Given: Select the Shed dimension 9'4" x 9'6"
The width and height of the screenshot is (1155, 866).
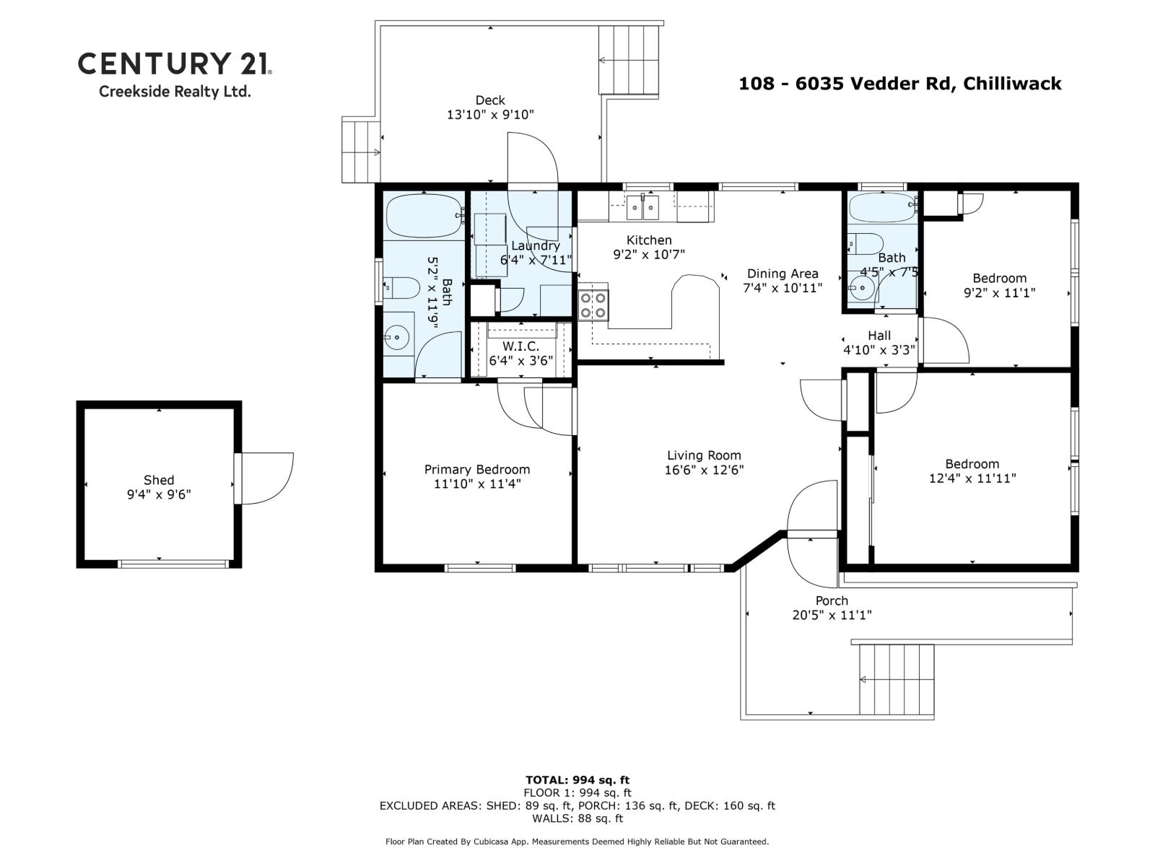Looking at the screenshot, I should (x=158, y=494).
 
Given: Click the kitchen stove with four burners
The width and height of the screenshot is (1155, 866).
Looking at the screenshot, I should (x=593, y=305).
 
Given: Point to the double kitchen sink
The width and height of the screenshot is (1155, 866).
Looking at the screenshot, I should (x=642, y=208).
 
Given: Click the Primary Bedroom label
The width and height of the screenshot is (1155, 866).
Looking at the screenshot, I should (x=476, y=469).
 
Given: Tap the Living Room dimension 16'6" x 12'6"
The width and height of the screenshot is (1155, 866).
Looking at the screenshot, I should (x=704, y=470).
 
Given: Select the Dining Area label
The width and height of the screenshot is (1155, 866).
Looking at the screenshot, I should (x=783, y=274).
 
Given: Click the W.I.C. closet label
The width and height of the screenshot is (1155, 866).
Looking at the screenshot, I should (x=520, y=346).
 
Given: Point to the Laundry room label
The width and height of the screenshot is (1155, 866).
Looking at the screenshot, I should (x=535, y=245).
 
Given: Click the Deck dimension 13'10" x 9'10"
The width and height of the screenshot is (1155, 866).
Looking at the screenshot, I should (x=490, y=115).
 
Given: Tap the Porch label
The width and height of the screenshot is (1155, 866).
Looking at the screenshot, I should (x=832, y=600).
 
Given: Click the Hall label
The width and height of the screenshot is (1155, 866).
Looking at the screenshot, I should (x=879, y=336).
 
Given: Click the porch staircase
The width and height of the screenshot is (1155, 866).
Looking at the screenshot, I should (x=896, y=679).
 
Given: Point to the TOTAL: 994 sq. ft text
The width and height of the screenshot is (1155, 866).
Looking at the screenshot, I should (x=577, y=779).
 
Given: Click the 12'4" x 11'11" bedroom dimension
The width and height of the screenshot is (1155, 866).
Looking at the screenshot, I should (x=972, y=478).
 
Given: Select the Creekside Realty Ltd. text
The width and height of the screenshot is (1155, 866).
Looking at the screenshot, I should (x=174, y=92).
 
